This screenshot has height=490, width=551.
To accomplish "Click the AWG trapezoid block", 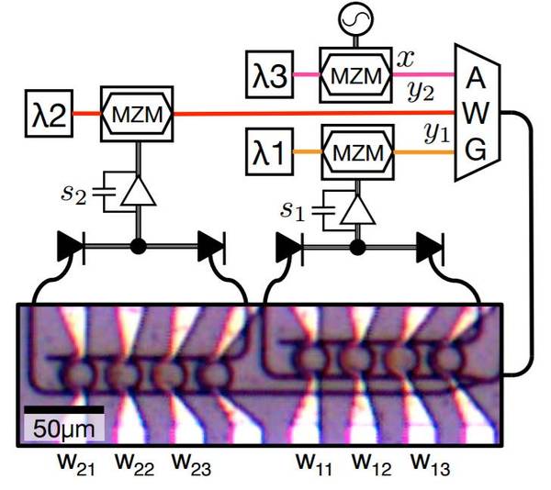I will (x=475, y=114).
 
